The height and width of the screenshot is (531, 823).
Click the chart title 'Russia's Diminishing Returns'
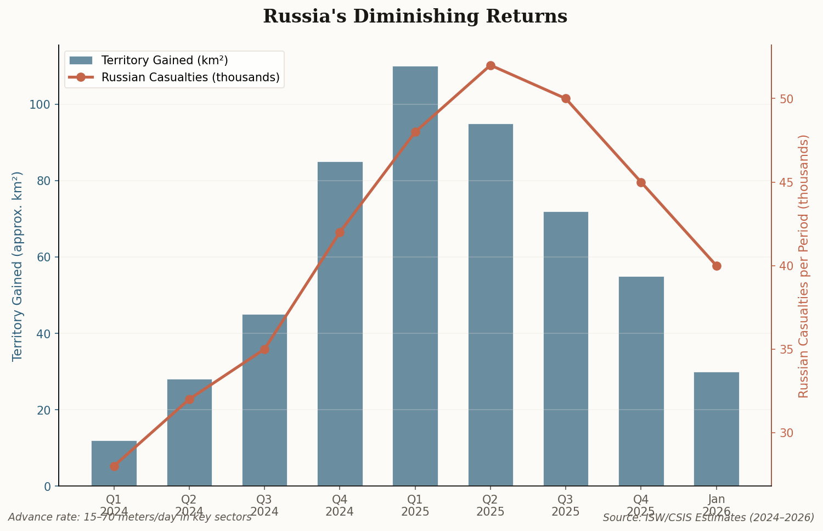tap(415, 16)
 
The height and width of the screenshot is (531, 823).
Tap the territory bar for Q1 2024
tap(114, 463)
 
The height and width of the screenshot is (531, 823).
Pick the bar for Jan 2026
tap(716, 429)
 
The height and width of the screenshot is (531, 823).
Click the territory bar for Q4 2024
tap(340, 324)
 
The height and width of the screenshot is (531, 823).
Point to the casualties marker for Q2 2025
tap(491, 66)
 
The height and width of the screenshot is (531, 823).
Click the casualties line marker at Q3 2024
tap(264, 349)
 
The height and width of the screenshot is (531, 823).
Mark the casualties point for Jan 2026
tap(717, 266)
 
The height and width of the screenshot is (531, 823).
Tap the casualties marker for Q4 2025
tap(641, 182)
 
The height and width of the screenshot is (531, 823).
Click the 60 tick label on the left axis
tap(46, 258)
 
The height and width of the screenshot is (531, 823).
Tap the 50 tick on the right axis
tap(786, 99)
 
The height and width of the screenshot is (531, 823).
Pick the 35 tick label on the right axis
tap(786, 350)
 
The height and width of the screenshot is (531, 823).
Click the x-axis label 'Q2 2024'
tap(189, 505)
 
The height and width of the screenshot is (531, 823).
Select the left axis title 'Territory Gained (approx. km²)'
tap(18, 266)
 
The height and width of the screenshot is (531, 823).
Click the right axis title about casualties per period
tap(804, 266)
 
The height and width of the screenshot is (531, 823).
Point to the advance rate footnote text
tap(129, 517)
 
